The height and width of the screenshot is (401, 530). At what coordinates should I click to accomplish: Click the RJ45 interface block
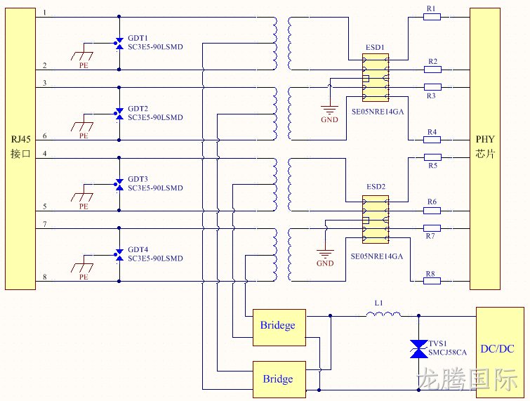[x=20, y=149]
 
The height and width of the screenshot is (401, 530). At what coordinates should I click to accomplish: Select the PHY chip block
[x=484, y=149]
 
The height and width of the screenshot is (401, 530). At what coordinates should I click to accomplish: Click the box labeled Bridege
[x=279, y=327]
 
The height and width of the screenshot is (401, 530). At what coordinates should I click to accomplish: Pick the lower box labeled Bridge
[x=279, y=379]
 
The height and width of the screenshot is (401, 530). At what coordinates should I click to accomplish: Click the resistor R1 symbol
[x=432, y=17]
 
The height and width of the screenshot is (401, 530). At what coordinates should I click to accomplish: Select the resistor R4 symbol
[x=432, y=140]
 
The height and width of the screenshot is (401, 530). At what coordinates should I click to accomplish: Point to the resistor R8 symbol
[x=432, y=281]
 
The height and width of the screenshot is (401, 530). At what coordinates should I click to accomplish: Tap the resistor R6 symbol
[x=432, y=211]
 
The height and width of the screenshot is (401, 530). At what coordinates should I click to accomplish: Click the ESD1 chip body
[x=375, y=77]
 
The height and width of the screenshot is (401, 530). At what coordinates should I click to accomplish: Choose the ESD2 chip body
[x=375, y=219]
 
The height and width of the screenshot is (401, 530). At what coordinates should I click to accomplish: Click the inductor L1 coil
[x=384, y=315]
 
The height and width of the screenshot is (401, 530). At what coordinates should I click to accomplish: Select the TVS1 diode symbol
[x=418, y=349]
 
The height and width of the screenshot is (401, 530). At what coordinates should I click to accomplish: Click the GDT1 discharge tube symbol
[x=119, y=44]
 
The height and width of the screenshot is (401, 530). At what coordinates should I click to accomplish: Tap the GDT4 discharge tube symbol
[x=119, y=255]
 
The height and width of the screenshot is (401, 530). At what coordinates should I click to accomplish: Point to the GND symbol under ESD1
[x=329, y=110]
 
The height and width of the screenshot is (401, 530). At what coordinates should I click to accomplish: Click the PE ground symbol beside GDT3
[x=82, y=197]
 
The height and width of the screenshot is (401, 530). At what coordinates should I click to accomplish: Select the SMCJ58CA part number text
[x=448, y=353]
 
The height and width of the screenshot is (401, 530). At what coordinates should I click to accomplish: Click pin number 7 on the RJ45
[x=45, y=224]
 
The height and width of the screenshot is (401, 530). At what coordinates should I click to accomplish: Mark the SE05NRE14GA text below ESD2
[x=377, y=256]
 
